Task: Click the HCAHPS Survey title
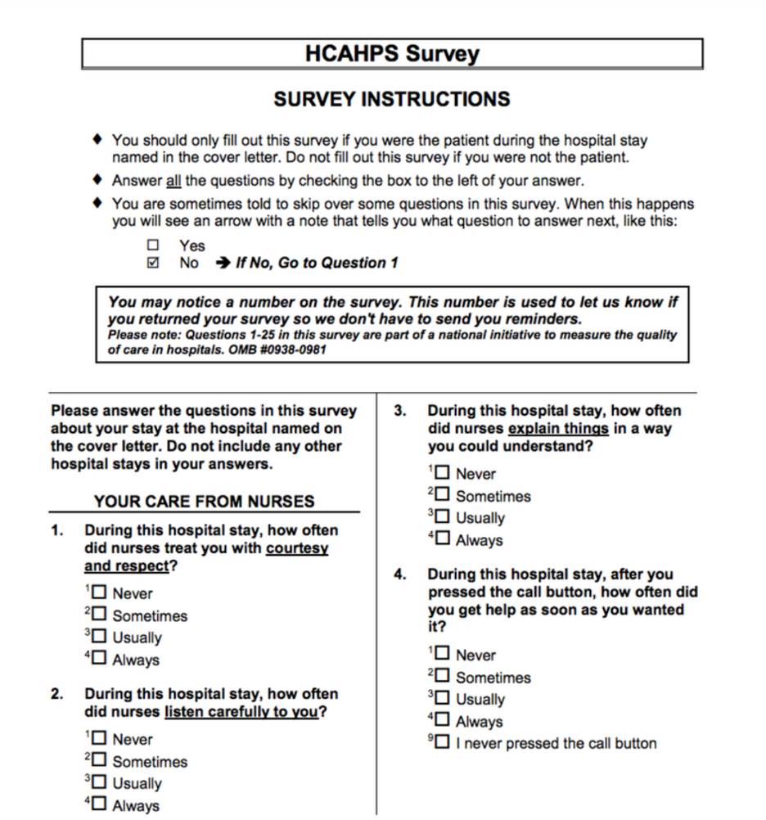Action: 392,54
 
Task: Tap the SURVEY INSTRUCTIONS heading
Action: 392,100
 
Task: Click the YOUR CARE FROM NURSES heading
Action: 204,502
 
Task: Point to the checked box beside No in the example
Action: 153,263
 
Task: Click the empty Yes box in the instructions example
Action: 153,245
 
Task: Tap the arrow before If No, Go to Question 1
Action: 222,263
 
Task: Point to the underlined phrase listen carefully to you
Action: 241,712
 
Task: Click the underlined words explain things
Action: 558,429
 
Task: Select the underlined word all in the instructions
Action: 173,181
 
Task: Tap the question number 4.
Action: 400,574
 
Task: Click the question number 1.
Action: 57,530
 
